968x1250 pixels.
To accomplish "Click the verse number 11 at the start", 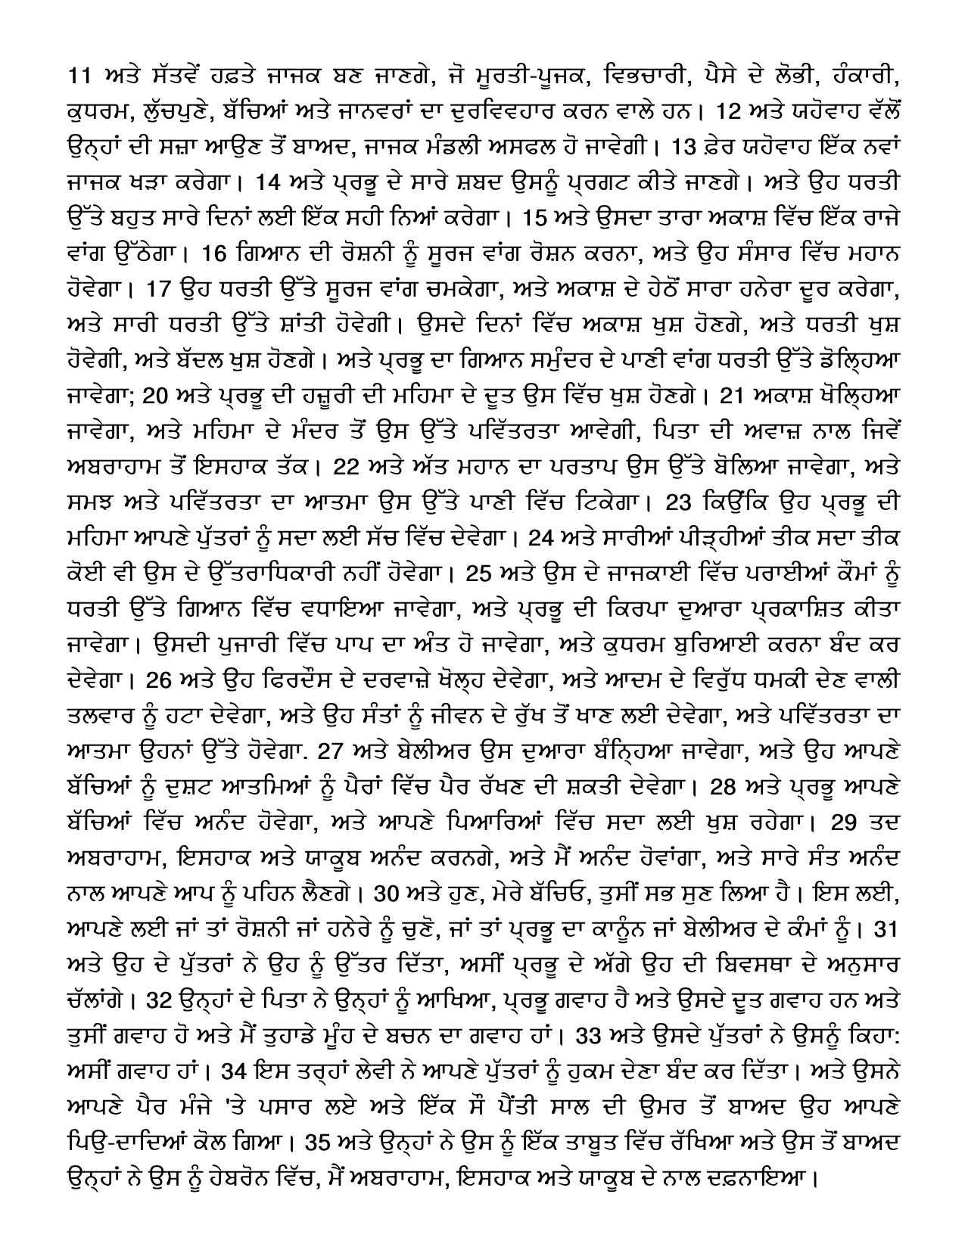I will tap(78, 76).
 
